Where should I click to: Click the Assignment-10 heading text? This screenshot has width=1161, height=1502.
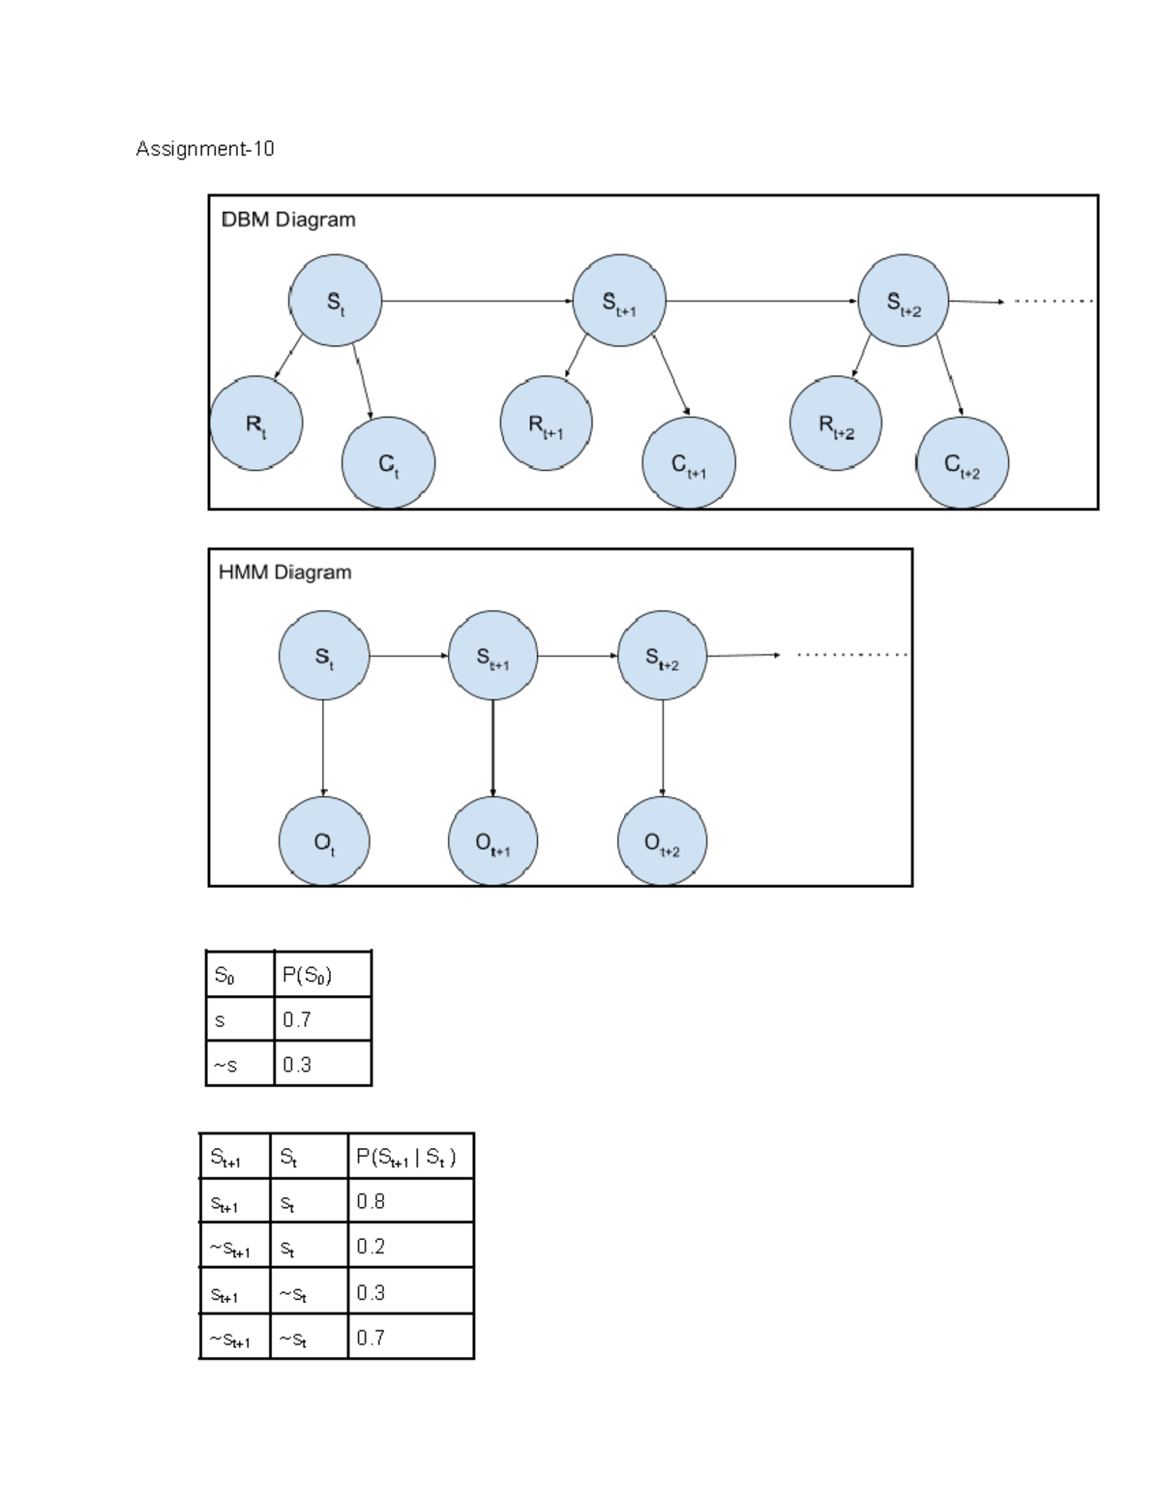(204, 149)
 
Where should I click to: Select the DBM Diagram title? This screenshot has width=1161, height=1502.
(288, 220)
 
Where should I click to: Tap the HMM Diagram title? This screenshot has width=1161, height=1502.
(284, 573)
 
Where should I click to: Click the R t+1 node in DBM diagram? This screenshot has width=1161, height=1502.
(546, 424)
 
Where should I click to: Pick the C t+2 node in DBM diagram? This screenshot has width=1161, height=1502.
(962, 463)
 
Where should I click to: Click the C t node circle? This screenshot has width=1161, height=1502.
(388, 463)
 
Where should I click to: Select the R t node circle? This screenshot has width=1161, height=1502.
(255, 424)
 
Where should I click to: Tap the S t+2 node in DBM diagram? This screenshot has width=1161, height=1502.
(904, 301)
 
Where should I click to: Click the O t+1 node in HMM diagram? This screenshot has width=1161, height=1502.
(492, 840)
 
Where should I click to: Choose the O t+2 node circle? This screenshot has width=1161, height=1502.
(662, 840)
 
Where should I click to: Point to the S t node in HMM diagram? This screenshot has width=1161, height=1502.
(323, 656)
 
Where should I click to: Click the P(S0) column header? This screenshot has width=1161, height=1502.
(321, 975)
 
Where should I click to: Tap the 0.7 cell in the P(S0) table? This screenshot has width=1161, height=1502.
(321, 1019)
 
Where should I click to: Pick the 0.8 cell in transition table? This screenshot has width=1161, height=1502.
(409, 1201)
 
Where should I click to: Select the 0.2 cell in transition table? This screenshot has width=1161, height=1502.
(409, 1247)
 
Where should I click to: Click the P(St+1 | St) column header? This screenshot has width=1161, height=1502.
(409, 1157)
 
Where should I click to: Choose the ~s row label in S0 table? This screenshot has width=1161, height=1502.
(239, 1065)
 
